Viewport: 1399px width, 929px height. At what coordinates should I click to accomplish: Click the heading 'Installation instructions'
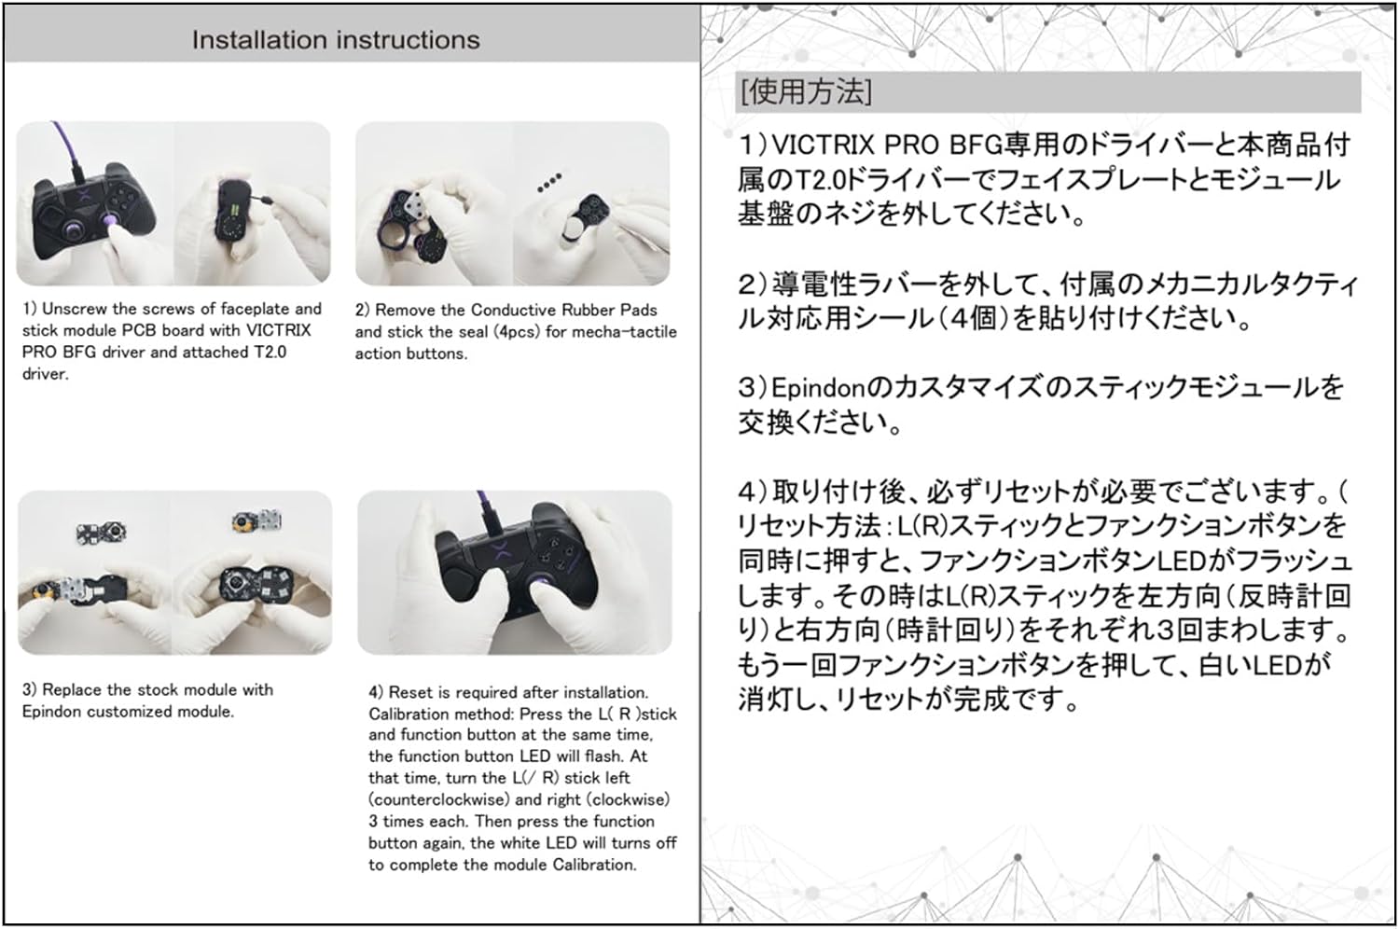click(336, 40)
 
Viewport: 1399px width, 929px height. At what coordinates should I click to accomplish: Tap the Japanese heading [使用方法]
click(806, 91)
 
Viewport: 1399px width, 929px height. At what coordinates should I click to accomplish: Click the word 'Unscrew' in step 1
click(71, 309)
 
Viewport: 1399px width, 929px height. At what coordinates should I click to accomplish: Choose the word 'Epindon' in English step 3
click(51, 712)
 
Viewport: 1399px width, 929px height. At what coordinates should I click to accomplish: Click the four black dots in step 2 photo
click(549, 182)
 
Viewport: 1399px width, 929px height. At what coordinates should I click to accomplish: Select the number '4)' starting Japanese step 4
click(755, 492)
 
